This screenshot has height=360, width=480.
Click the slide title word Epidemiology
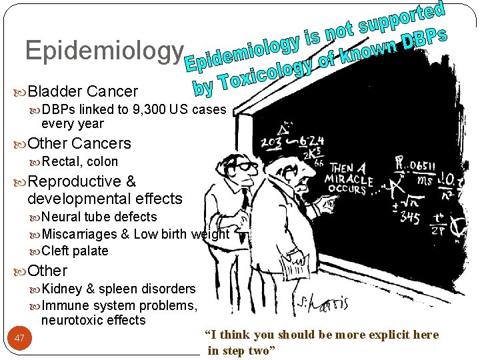[103, 51]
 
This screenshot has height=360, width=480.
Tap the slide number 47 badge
[19, 339]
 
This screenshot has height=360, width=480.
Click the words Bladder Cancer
[83, 91]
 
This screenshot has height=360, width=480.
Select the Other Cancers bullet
[79, 143]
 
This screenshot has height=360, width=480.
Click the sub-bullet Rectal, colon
[79, 161]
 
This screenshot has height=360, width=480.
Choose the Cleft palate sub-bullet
[75, 251]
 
